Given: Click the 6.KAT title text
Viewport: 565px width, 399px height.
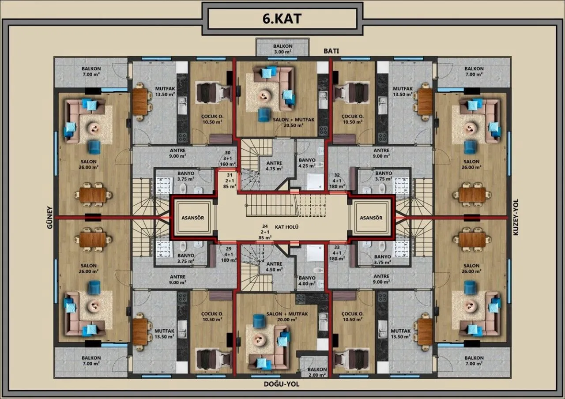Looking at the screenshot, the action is click(x=282, y=19).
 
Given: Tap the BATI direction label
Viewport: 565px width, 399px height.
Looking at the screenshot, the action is click(x=331, y=51).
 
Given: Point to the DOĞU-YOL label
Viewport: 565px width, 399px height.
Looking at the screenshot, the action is click(x=282, y=384).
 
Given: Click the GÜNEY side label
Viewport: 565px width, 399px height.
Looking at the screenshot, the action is click(x=50, y=218).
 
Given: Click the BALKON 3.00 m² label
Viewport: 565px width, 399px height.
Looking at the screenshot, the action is click(x=283, y=49).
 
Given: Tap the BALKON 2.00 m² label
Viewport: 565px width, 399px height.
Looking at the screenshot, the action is click(x=317, y=372).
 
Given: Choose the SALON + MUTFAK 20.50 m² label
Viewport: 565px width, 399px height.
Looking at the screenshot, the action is click(x=294, y=122).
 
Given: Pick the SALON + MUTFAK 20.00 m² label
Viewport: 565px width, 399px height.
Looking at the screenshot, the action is click(x=287, y=317).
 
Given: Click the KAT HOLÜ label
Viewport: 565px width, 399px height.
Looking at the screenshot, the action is click(x=286, y=227).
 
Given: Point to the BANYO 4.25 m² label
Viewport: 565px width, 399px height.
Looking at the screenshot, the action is click(x=307, y=163).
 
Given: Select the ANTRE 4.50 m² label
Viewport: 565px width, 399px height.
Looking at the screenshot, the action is click(x=274, y=267).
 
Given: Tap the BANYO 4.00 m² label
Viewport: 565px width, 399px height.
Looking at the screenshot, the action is click(x=307, y=281).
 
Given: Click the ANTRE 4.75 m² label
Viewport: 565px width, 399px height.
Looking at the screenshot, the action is click(x=274, y=166).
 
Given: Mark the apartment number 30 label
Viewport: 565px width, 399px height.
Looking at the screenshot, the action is click(x=227, y=153).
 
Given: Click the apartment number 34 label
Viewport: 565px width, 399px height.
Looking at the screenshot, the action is click(x=265, y=226).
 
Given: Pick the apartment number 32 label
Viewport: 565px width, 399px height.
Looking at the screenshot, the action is click(x=337, y=175).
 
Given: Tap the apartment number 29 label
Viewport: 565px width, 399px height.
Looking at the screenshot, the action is click(x=229, y=248).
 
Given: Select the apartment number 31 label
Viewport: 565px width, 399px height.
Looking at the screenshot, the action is click(x=230, y=175).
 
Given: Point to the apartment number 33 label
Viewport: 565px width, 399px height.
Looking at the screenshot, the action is click(x=337, y=248).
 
